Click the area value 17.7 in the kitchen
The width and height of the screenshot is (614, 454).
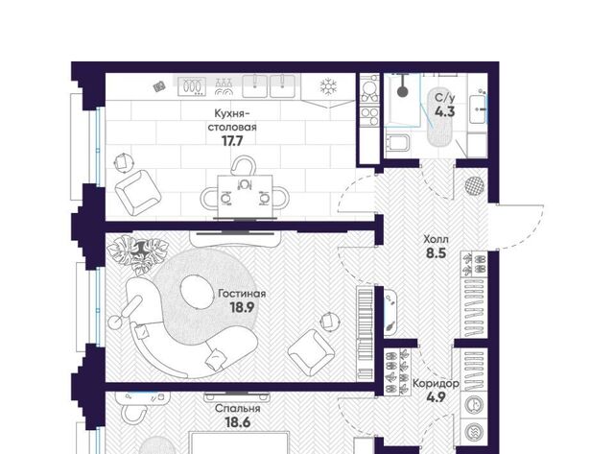232,141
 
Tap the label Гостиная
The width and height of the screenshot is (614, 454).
242,294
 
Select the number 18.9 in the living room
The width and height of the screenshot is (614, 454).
242,307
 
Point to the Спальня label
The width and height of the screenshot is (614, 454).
238,409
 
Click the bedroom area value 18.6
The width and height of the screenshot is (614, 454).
238,422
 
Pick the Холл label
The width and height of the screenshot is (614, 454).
436,239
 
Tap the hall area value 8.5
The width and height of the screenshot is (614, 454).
437,253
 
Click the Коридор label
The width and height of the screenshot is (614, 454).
436,383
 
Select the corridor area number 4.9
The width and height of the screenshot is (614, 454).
436,397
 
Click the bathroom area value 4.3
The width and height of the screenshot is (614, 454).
445,111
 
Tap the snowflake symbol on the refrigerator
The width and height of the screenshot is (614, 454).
328,86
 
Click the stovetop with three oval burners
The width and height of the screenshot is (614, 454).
192,86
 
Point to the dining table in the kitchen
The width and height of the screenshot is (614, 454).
246,196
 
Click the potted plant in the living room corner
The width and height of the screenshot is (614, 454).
137,251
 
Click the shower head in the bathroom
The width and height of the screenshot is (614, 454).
402,91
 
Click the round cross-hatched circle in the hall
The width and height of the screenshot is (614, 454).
475,185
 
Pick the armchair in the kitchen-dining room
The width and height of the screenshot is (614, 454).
138,192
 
